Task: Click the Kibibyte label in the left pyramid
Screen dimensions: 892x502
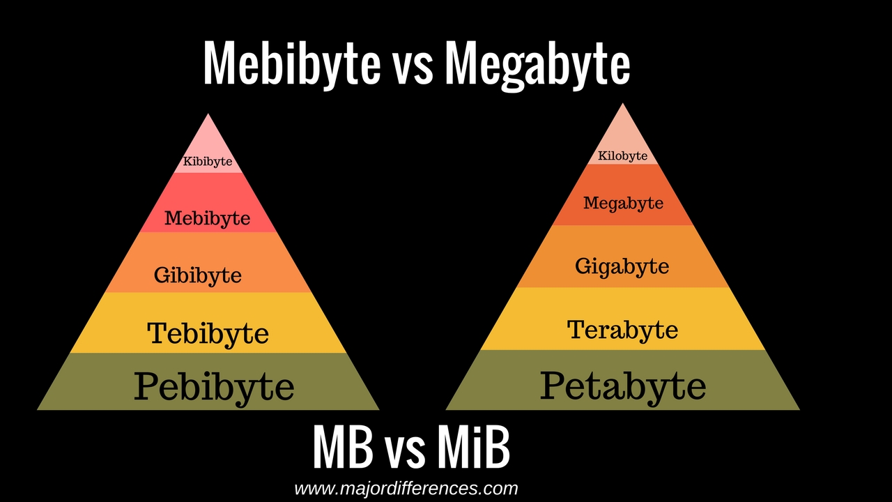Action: [x=208, y=162]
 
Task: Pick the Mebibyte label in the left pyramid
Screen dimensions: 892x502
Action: [x=207, y=218]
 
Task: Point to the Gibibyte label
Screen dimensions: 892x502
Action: [x=198, y=275]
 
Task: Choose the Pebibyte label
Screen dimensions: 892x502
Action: [x=214, y=386]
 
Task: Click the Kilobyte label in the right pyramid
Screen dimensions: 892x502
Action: [x=622, y=155]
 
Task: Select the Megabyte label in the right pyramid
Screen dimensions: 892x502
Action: [x=623, y=203]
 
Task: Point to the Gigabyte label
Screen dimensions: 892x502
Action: [x=622, y=266]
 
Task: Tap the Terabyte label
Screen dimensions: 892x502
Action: [x=622, y=329]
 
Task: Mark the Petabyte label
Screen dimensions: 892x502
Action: [x=623, y=385]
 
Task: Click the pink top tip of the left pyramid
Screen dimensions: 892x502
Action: [x=208, y=136]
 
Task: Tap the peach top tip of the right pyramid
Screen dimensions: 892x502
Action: [x=622, y=125]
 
